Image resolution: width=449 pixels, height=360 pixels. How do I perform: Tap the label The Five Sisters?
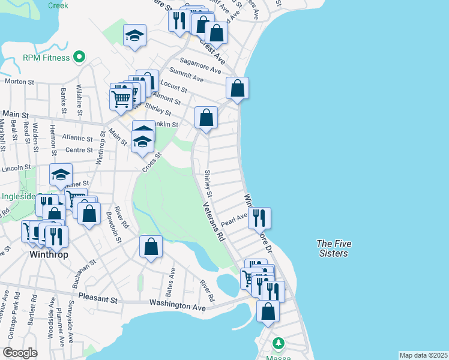point(334,248)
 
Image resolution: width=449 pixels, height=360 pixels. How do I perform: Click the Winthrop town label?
point(49,254)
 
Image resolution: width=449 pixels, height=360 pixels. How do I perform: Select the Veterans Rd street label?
point(212,221)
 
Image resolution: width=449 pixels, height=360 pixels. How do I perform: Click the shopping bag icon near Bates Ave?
point(151,246)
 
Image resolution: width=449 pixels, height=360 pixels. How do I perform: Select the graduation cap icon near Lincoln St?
point(61,174)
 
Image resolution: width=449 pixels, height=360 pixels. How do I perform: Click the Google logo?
point(20,353)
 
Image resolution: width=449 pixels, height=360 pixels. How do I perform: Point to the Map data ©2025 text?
point(424,355)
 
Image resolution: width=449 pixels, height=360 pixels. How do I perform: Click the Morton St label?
point(18,81)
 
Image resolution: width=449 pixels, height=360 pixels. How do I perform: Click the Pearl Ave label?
point(234,220)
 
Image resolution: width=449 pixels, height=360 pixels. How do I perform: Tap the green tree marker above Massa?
point(278,344)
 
